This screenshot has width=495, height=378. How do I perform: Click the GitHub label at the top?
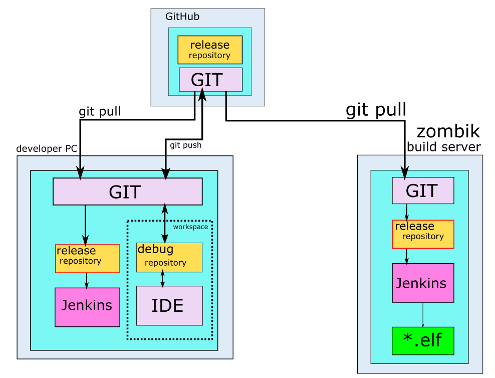(182, 17)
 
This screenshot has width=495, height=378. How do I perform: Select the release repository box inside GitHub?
(210, 50)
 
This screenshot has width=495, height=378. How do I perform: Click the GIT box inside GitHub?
(210, 79)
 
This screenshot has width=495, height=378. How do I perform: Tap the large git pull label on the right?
(376, 110)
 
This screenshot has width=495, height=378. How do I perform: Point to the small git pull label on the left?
(100, 111)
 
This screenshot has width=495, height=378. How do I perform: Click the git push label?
(185, 145)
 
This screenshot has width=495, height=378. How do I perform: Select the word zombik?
(448, 131)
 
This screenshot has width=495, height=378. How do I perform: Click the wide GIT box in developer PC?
(127, 192)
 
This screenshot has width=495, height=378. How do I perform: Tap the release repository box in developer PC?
(87, 258)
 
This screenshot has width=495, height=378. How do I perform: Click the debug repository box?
(169, 257)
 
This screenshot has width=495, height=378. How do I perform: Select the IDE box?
(169, 305)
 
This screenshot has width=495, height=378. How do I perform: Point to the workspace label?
(190, 227)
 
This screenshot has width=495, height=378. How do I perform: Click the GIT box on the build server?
(422, 191)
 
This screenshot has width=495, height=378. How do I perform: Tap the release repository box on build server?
(422, 234)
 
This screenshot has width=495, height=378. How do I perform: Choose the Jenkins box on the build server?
(422, 283)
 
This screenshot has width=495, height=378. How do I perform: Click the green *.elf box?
(422, 340)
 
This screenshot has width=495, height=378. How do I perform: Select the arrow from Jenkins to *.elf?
(423, 315)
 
